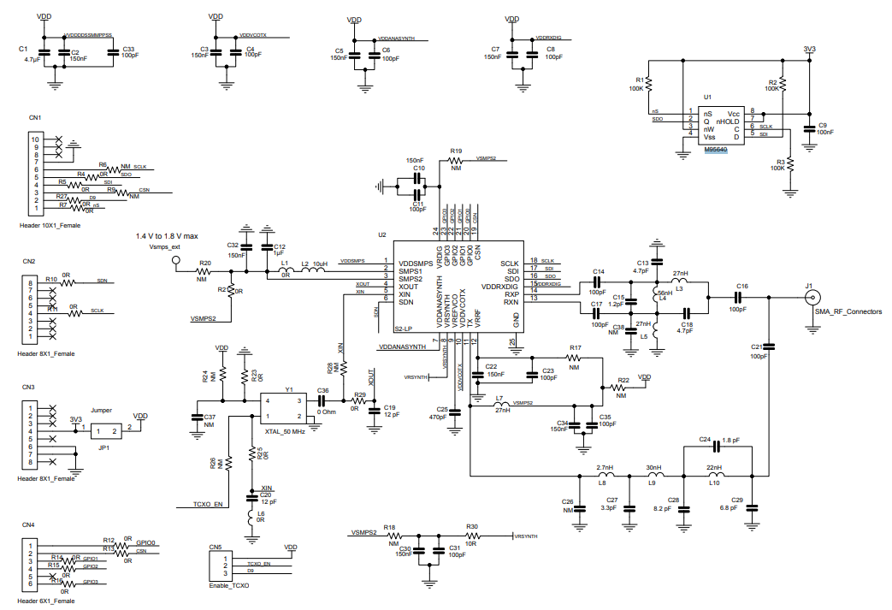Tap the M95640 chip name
(x=716, y=150)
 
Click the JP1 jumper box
(x=107, y=432)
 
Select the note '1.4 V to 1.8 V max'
(x=168, y=236)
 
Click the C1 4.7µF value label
(x=32, y=60)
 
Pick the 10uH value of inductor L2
(x=322, y=264)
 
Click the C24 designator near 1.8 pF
(x=705, y=439)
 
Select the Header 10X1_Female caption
(x=50, y=225)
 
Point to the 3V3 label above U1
(x=809, y=49)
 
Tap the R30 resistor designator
(x=472, y=527)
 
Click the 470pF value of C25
(x=437, y=418)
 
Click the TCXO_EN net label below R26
(x=208, y=504)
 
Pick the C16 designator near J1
(x=741, y=286)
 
